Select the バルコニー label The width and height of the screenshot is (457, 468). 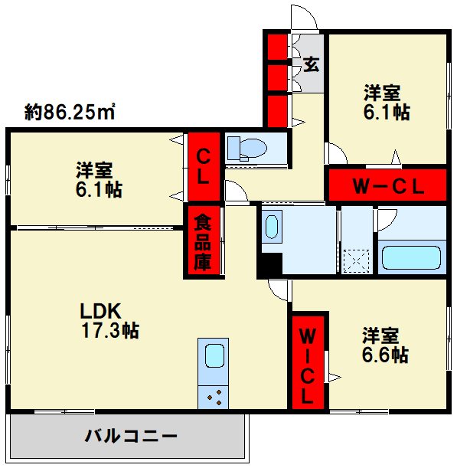[130, 437]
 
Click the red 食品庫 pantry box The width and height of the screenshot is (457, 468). [202, 242]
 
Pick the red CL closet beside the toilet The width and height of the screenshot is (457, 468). [203, 166]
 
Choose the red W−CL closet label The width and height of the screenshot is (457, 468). [387, 185]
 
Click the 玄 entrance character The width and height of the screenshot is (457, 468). [311, 64]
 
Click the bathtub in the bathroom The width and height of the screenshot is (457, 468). [412, 257]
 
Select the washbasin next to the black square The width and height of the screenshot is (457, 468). [272, 227]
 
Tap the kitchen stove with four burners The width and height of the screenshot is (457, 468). [214, 397]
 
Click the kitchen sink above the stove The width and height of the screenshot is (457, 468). [214, 356]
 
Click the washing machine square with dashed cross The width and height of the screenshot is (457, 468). [356, 260]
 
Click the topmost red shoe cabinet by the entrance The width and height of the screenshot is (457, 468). [276, 45]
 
